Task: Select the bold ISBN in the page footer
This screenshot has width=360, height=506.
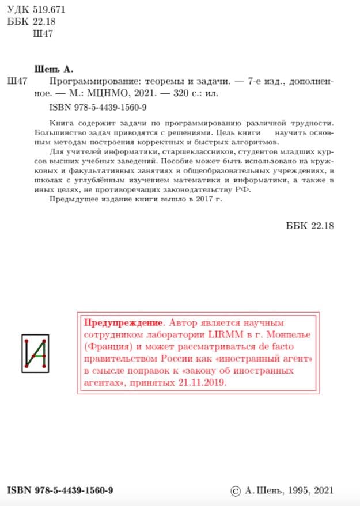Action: tap(60, 490)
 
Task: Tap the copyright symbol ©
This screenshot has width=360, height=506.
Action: tap(235, 490)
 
